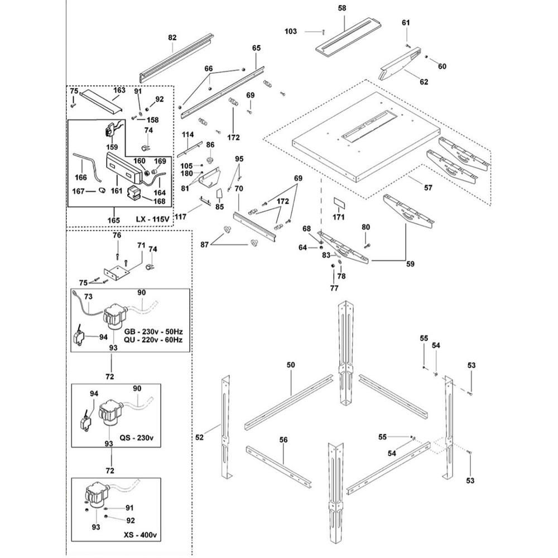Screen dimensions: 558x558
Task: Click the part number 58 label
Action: [x=342, y=8]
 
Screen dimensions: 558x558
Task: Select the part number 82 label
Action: [x=172, y=37]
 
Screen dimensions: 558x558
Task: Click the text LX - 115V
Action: [x=153, y=220]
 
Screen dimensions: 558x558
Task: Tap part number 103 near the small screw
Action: [x=291, y=32]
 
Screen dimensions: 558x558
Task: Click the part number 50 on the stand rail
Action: [x=291, y=364]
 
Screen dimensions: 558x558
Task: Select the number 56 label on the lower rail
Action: [x=283, y=440]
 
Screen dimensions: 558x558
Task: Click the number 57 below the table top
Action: [x=428, y=188]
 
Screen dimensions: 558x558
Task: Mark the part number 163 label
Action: [x=119, y=90]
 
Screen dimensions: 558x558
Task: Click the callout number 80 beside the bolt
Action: [x=366, y=227]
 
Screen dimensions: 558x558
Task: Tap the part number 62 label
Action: [x=424, y=82]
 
